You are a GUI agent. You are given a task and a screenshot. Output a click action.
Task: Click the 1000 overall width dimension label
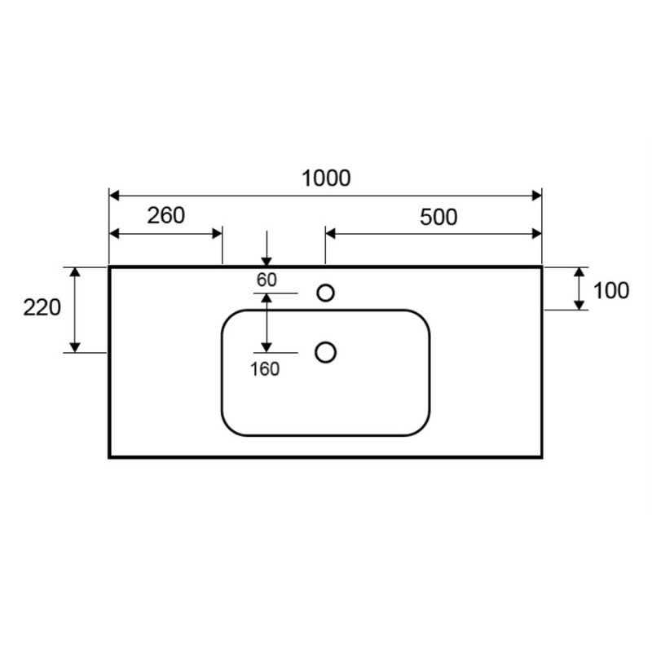pyautogui.click(x=326, y=178)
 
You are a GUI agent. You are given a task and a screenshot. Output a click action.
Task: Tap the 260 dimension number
pyautogui.click(x=166, y=215)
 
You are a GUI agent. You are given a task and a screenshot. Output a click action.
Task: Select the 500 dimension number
pyautogui.click(x=438, y=217)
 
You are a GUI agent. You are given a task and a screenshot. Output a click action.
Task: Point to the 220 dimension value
pyautogui.click(x=42, y=308)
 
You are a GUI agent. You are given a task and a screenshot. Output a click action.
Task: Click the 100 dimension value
pyautogui.click(x=610, y=290)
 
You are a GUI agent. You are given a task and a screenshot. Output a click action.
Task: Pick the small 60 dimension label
pyautogui.click(x=267, y=280)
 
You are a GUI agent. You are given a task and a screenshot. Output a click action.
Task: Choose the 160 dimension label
pyautogui.click(x=265, y=369)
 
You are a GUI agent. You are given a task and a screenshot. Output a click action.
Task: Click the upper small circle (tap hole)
pyautogui.click(x=325, y=293)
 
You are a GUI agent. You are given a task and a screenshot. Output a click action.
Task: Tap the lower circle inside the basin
pyautogui.click(x=325, y=353)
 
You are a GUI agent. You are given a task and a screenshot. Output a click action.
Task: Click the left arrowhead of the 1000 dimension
pyautogui.click(x=114, y=196)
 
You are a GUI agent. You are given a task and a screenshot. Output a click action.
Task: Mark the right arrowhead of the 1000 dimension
pyautogui.click(x=537, y=196)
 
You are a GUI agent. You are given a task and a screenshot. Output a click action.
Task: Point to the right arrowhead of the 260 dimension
pyautogui.click(x=217, y=234)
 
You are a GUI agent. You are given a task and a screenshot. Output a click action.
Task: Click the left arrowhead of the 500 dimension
pyautogui.click(x=331, y=234)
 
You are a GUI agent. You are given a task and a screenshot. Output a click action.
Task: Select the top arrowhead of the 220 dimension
pyautogui.click(x=75, y=272)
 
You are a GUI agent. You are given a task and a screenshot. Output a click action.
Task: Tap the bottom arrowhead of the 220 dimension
pyautogui.click(x=75, y=347)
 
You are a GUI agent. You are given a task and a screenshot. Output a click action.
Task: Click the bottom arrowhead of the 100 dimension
pyautogui.click(x=579, y=305)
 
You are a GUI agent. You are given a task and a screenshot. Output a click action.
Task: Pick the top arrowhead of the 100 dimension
pyautogui.click(x=579, y=272)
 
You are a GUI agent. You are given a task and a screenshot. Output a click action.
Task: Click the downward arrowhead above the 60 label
pyautogui.click(x=267, y=262)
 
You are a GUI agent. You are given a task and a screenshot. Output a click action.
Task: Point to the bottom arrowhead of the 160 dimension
pyautogui.click(x=267, y=347)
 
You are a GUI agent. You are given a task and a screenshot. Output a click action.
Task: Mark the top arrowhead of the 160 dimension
pyautogui.click(x=267, y=298)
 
